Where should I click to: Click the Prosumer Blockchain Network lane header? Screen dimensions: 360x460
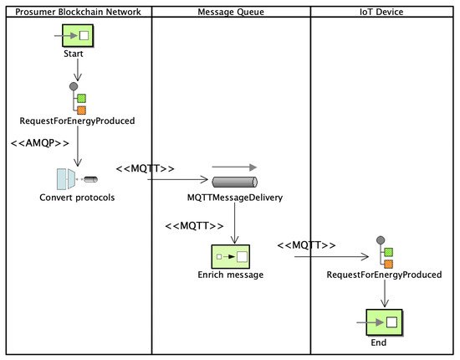[76, 11]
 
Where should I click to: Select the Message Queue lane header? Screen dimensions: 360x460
[231, 11]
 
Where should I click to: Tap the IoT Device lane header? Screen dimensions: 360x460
[384, 11]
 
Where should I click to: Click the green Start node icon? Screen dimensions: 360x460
[81, 37]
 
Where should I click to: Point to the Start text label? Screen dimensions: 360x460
[74, 54]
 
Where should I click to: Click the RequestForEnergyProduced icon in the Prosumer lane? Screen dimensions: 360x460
[78, 99]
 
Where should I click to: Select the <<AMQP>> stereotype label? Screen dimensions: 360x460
[39, 144]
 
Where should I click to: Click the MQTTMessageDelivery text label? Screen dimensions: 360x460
[235, 198]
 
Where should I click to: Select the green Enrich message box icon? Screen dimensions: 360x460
[231, 256]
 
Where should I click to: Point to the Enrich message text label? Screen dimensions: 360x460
[231, 275]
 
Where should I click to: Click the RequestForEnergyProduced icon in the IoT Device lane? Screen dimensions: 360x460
[384, 256]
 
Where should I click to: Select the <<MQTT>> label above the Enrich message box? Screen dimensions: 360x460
[194, 226]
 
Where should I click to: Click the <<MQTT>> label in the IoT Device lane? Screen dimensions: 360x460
[306, 244]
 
